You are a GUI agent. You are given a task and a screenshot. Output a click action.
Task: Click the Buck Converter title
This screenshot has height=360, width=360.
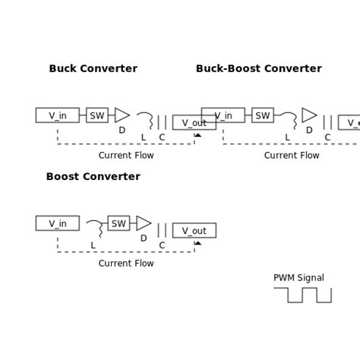(93, 69)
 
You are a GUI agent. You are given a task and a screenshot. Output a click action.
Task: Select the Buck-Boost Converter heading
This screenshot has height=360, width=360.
(258, 69)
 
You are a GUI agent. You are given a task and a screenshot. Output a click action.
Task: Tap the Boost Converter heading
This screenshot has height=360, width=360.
(93, 177)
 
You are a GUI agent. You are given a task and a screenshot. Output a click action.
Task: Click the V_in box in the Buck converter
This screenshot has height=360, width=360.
(57, 115)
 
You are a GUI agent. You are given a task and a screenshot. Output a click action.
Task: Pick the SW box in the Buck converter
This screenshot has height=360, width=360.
(97, 115)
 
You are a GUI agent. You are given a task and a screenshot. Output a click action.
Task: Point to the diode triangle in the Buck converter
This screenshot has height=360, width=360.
(122, 115)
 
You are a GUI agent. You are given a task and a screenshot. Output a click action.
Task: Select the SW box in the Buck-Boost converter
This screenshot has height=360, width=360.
(263, 115)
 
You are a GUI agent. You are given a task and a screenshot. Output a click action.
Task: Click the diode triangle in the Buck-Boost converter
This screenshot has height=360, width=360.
(309, 115)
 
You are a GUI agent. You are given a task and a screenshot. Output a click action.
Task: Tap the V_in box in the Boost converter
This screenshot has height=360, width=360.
(57, 223)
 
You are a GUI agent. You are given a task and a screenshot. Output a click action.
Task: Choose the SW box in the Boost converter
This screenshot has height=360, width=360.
(118, 223)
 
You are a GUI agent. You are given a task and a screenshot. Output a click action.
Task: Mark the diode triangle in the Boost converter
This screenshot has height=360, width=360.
(144, 223)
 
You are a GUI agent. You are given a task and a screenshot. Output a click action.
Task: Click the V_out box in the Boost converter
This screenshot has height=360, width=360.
(194, 231)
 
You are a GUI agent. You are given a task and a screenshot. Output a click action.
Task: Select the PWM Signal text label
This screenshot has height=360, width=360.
(298, 278)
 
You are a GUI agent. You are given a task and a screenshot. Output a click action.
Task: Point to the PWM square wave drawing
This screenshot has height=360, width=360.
(302, 295)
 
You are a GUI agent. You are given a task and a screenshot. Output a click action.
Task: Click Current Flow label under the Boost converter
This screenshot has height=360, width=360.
(126, 264)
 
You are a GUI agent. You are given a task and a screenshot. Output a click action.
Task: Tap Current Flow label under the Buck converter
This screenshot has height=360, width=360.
(126, 156)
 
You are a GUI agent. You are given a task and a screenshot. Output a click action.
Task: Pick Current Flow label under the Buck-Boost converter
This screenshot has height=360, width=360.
(292, 156)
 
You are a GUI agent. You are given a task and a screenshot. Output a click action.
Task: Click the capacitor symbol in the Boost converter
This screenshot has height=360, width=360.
(162, 230)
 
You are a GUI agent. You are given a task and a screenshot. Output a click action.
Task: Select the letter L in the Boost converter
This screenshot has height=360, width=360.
(93, 245)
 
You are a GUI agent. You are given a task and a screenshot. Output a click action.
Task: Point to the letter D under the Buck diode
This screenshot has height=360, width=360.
(122, 131)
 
